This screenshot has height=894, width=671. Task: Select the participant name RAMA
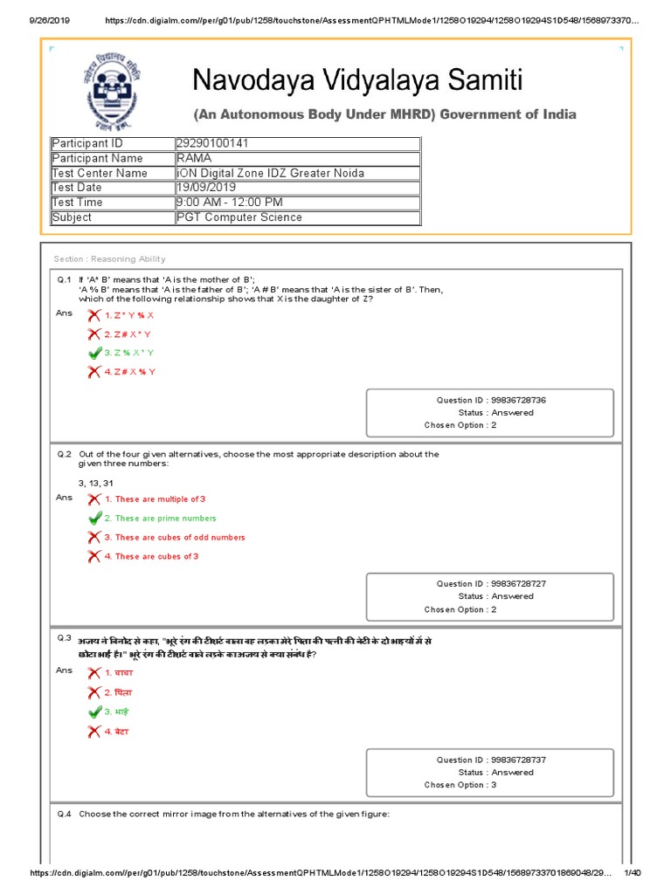[192, 158]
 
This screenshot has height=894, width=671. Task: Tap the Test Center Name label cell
[100, 173]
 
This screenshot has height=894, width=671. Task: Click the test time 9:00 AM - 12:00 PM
[229, 203]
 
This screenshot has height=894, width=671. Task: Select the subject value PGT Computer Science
[239, 217]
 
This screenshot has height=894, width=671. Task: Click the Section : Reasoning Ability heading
[109, 259]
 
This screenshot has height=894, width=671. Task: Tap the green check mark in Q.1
[94, 353]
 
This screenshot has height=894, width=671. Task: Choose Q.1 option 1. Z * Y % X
[129, 315]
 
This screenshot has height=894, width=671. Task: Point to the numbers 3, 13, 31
[96, 483]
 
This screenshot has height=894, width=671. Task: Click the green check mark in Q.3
[94, 712]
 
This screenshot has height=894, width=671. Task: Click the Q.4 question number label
[64, 815]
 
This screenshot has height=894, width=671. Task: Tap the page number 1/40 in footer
[631, 873]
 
